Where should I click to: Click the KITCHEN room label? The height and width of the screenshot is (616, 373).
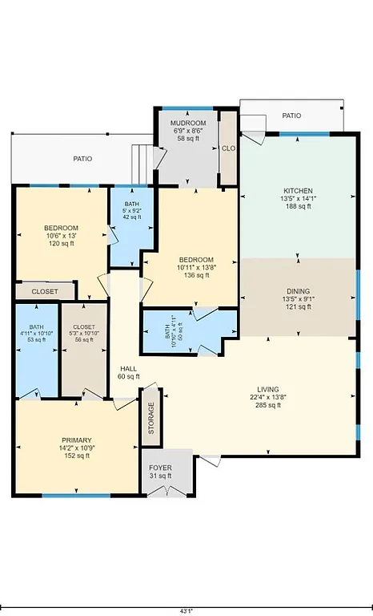296,191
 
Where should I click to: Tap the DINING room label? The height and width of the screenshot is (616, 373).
298,291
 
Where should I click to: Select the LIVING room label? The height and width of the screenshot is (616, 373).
263,389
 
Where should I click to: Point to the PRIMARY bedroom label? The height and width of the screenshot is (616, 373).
77,440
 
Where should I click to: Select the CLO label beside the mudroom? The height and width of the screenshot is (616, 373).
228,148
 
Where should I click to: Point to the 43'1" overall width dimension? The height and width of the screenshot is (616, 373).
186,610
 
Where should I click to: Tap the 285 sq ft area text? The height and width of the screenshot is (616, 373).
263,406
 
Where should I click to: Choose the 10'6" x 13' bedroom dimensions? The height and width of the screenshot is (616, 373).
61,236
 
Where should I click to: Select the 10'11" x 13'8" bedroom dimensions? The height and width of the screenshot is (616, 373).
195,267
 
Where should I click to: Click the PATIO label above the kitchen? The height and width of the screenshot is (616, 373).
291,116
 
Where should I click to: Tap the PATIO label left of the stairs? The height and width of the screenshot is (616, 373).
82,159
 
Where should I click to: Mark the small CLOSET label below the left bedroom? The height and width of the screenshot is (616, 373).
45,292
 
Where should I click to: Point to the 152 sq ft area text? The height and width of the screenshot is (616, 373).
77,456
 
